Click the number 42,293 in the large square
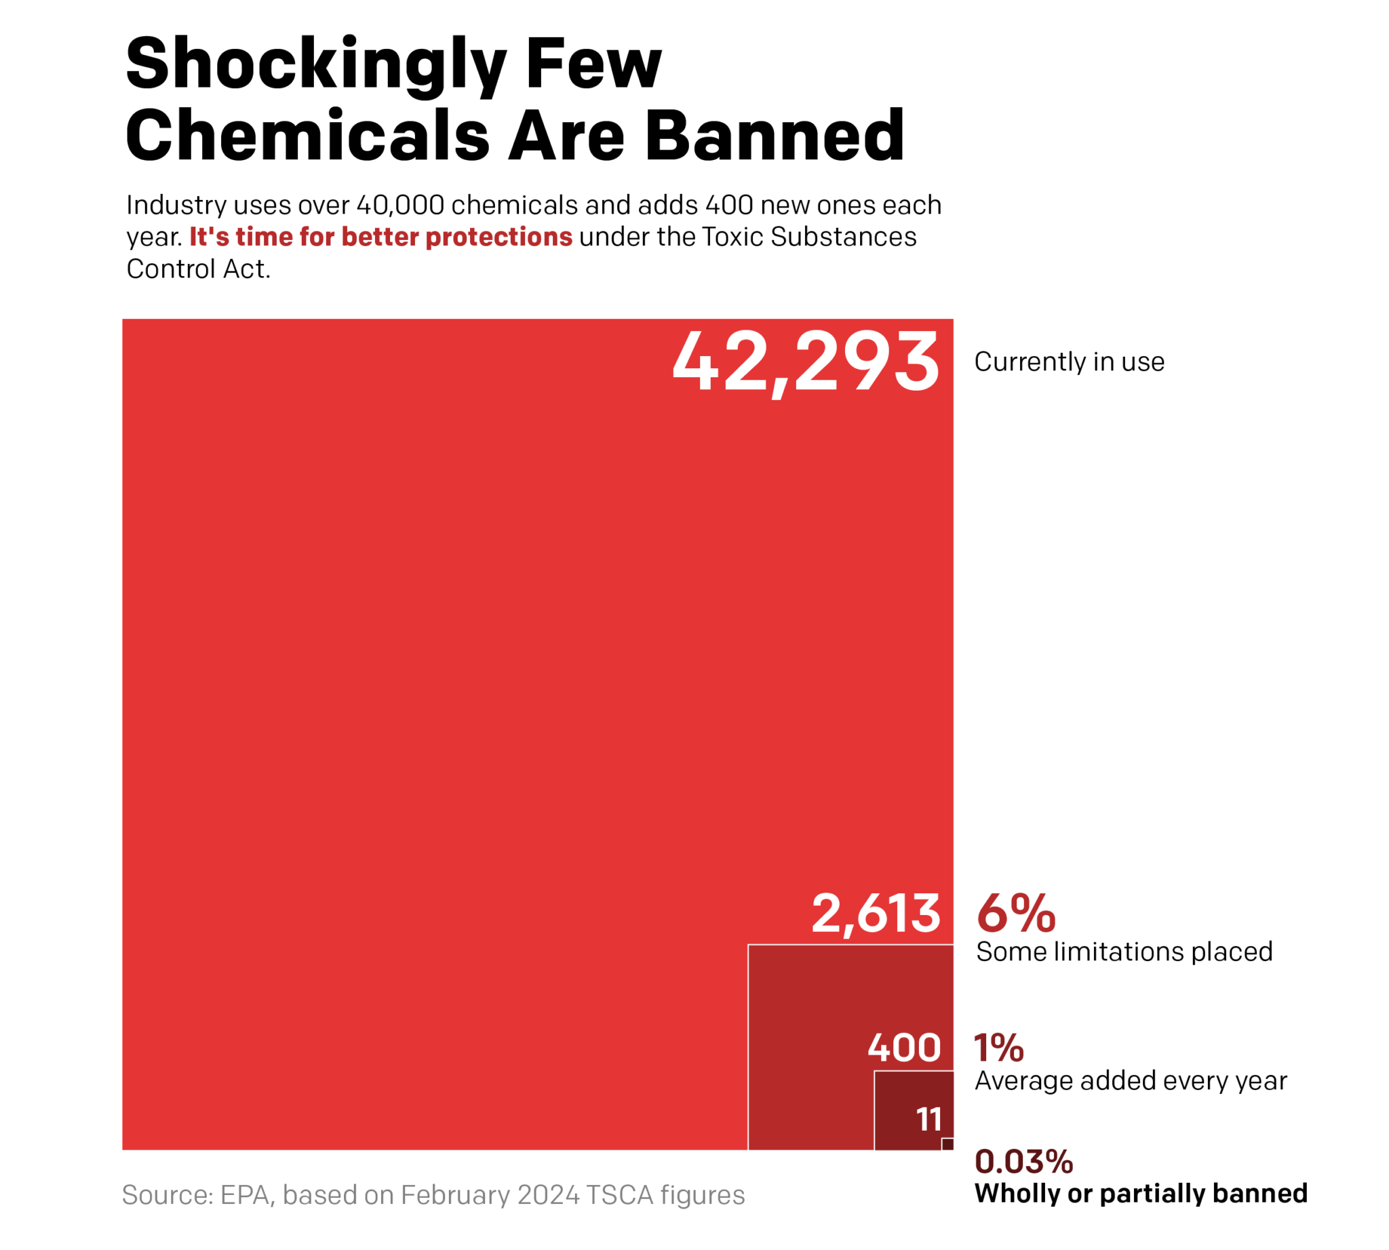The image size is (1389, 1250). click(x=805, y=362)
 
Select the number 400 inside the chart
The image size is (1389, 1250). click(x=903, y=1047)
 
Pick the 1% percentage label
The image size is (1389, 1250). click(x=999, y=1048)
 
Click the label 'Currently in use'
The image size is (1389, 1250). click(x=1069, y=362)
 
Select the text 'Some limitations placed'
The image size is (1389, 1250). click(x=1124, y=952)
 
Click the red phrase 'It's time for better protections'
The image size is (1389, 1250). click(x=380, y=237)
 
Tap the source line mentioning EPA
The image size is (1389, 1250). click(x=433, y=1195)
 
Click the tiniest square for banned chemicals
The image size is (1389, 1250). click(x=947, y=1144)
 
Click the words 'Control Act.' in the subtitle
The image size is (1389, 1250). click(x=199, y=269)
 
